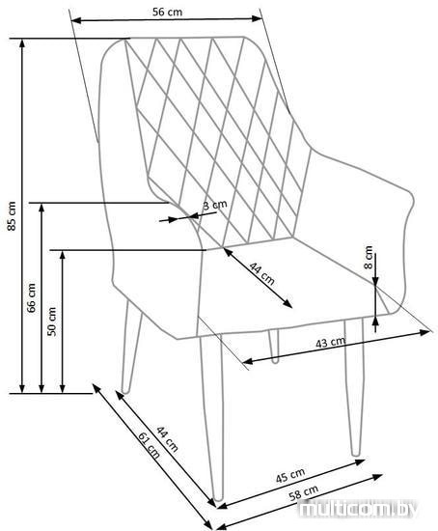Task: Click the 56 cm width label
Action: [x=167, y=13]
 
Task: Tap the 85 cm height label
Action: [x=12, y=216]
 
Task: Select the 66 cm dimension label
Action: [x=32, y=297]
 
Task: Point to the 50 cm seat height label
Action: [x=52, y=321]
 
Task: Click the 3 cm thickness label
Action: [x=214, y=206]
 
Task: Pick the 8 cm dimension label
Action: [x=369, y=258]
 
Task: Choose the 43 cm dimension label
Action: [x=331, y=343]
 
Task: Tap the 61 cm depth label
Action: [x=149, y=445]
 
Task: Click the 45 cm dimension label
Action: [x=290, y=475]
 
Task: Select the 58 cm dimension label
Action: [x=304, y=492]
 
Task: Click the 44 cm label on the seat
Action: [x=262, y=273]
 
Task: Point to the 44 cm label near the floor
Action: [x=167, y=439]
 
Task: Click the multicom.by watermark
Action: [x=359, y=509]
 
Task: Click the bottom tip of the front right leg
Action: [x=355, y=454]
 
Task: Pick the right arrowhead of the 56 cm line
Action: [x=257, y=18]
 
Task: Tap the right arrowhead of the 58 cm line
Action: [x=378, y=477]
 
